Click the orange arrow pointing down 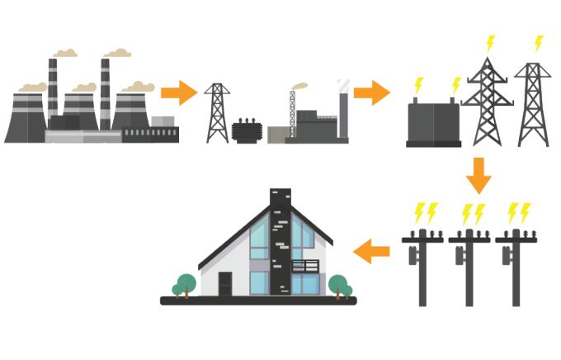coord(478,174)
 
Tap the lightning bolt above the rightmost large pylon coord(539,43)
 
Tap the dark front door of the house coord(225,283)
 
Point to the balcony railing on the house coord(304,267)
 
